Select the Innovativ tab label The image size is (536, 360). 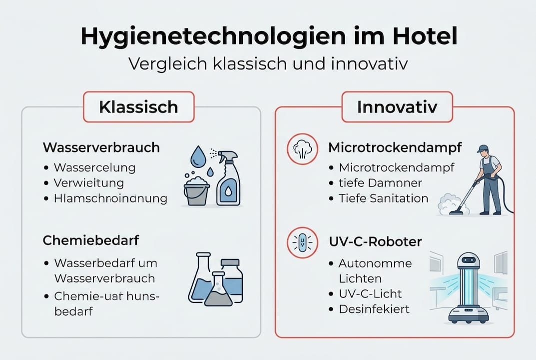pyautogui.click(x=397, y=107)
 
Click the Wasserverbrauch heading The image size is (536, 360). pyautogui.click(x=101, y=147)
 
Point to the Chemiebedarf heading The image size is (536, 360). pyautogui.click(x=91, y=240)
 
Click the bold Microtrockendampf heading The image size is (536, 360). pyautogui.click(x=395, y=147)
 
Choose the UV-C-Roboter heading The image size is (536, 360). pyautogui.click(x=375, y=241)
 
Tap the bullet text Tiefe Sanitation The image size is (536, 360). pyautogui.click(x=383, y=198)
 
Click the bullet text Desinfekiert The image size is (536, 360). pyautogui.click(x=374, y=309)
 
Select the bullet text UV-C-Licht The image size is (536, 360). pyautogui.click(x=370, y=293)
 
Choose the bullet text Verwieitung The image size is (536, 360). pyautogui.click(x=88, y=182)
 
